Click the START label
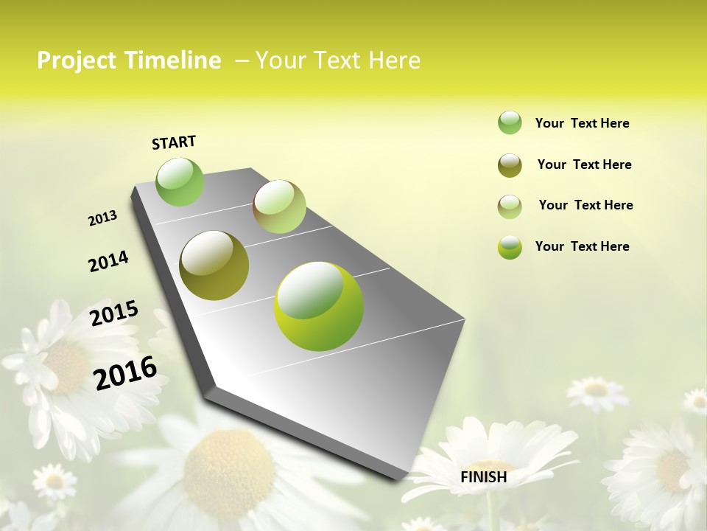[x=174, y=142]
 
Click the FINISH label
[x=483, y=477]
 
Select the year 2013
[x=102, y=218]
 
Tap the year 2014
[x=108, y=261]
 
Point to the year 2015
[x=114, y=313]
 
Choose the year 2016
[x=126, y=372]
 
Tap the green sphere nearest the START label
[x=180, y=181]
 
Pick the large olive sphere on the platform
[x=214, y=265]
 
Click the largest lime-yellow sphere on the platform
[x=319, y=305]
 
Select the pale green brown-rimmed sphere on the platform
[x=279, y=206]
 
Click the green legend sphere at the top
[x=510, y=123]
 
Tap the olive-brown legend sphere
[x=510, y=165]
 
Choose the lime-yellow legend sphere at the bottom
[x=510, y=247]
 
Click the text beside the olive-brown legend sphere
[x=584, y=164]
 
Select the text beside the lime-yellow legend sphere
[x=582, y=246]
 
